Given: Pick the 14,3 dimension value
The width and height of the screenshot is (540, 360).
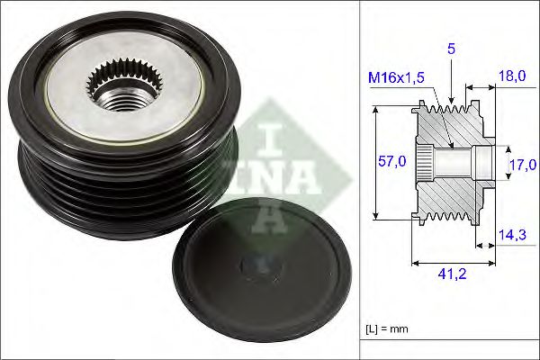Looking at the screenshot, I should pos(513,235).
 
